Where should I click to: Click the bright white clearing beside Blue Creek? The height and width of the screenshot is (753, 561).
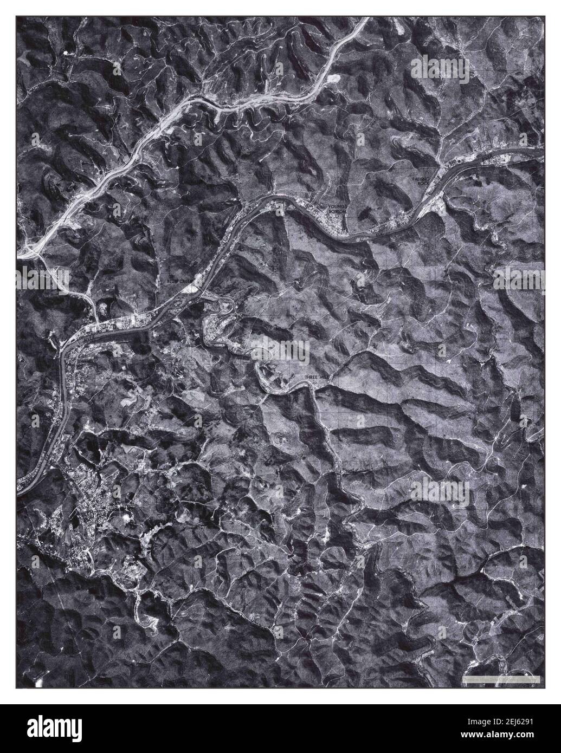tap(191, 289)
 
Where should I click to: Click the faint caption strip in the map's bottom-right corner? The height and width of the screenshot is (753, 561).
tap(499, 678)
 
